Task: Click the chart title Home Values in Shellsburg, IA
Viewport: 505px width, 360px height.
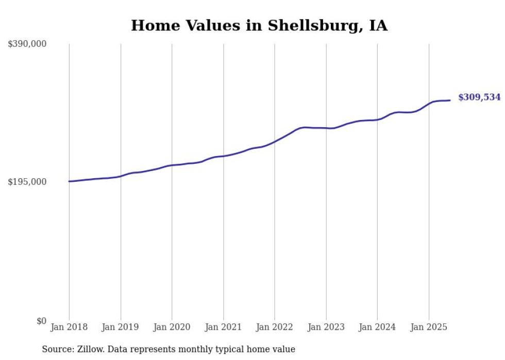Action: (x=259, y=25)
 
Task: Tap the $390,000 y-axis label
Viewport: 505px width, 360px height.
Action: (x=27, y=44)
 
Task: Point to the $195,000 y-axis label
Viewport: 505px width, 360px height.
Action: (x=27, y=182)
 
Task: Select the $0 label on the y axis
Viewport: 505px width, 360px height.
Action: (x=41, y=321)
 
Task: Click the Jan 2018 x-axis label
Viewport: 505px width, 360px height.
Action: (x=69, y=327)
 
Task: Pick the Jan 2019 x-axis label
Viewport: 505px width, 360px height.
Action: (x=121, y=327)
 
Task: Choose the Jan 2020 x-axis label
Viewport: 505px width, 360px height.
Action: (x=172, y=327)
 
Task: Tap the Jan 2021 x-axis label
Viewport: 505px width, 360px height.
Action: (x=223, y=327)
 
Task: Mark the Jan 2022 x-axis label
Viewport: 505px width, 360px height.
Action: (x=275, y=327)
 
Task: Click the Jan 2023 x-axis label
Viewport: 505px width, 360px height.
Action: (x=326, y=327)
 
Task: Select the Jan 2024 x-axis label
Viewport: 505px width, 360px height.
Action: (x=377, y=327)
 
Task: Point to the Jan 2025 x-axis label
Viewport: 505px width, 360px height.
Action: (x=429, y=327)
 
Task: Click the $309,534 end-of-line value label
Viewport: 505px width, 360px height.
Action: (x=479, y=97)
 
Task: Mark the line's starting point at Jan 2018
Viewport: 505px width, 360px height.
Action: (x=69, y=181)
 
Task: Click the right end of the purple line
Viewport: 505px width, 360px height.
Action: (x=450, y=100)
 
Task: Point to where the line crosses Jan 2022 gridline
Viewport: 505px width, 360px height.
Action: (x=275, y=141)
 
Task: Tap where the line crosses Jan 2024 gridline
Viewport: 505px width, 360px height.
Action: (x=377, y=119)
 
